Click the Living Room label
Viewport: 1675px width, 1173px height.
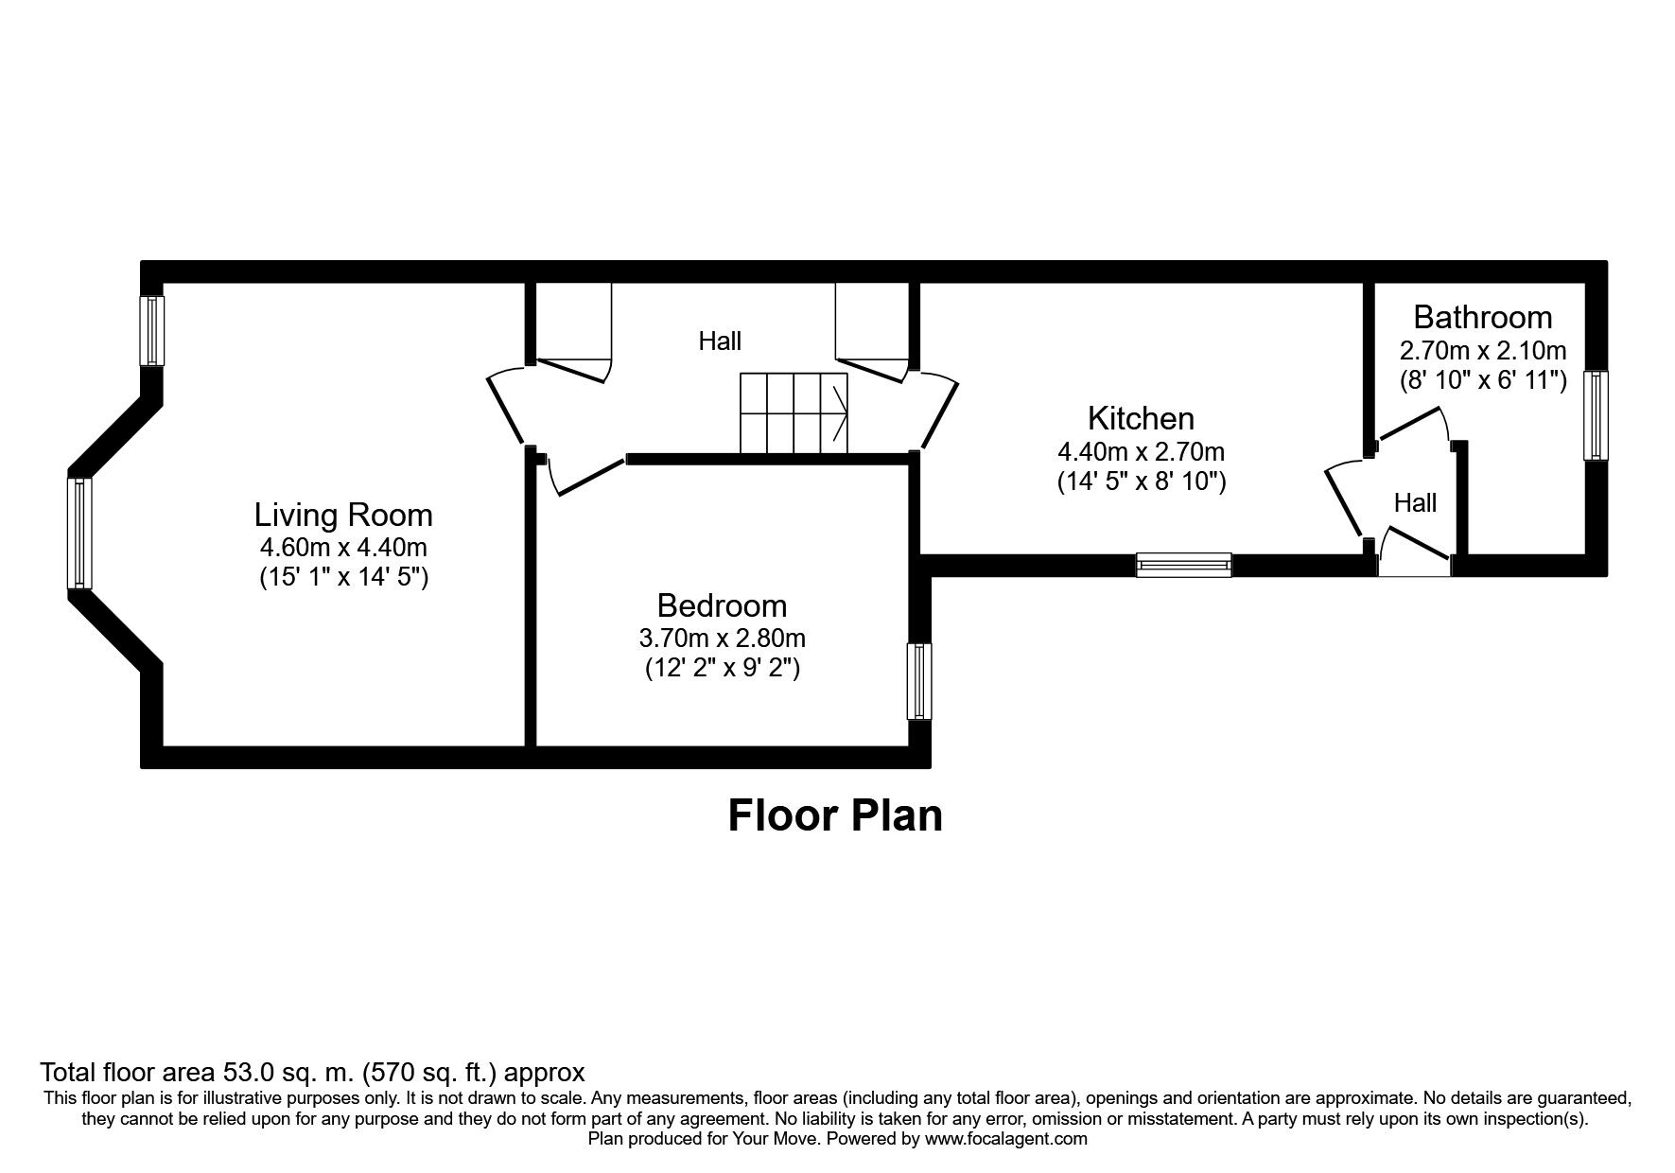343,516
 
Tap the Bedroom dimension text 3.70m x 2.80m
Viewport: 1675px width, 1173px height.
722,639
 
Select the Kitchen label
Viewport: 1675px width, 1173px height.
1141,418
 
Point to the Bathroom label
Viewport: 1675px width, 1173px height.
1482,317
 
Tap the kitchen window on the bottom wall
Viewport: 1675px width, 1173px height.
1183,565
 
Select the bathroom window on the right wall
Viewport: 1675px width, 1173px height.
1596,415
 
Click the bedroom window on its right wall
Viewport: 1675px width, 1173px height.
918,681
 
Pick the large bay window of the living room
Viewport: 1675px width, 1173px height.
79,534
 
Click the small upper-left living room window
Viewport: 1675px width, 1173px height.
151,330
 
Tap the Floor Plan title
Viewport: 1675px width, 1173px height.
835,815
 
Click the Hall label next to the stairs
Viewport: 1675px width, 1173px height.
720,341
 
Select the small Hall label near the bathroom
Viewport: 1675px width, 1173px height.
1415,503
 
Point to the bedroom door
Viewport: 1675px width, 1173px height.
586,477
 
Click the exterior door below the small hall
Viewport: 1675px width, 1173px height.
1416,553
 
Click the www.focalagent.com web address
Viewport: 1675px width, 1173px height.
1005,1139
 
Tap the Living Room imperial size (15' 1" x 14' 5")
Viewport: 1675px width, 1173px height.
344,577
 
